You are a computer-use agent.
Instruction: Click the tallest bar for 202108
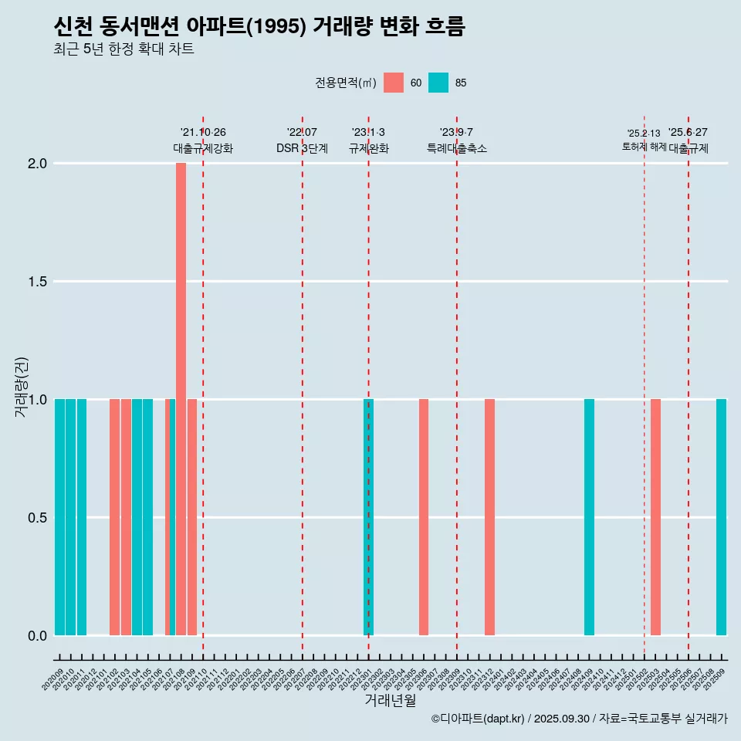[x=181, y=398]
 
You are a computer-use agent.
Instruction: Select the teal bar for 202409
[x=589, y=516]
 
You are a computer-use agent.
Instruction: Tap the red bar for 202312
[x=489, y=516]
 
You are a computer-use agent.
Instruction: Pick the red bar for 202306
[x=424, y=516]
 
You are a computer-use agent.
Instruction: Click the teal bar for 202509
[x=721, y=516]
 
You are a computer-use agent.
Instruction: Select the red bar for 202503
[x=655, y=516]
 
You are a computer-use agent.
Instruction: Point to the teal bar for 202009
[x=59, y=516]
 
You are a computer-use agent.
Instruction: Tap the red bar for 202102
[x=114, y=516]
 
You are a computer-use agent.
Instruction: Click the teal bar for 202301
[x=368, y=516]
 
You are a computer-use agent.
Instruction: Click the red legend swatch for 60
[x=394, y=83]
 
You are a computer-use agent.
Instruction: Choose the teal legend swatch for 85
[x=438, y=83]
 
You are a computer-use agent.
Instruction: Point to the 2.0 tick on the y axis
[x=38, y=164]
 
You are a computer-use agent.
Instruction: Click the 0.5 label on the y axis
[x=38, y=517]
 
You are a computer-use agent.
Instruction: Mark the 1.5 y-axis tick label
[x=38, y=282]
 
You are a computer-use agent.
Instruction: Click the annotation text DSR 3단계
[x=302, y=148]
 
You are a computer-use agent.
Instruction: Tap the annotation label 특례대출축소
[x=457, y=148]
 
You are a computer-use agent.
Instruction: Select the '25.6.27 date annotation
[x=688, y=133]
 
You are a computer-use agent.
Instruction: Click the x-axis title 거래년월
[x=391, y=701]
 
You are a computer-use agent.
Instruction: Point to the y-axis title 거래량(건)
[x=22, y=386]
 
